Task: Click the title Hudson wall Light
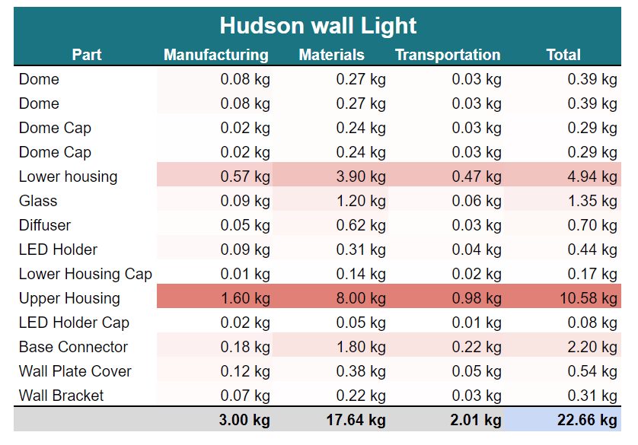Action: point(318,26)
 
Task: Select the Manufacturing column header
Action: point(216,55)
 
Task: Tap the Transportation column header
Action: point(448,55)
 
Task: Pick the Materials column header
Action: point(331,55)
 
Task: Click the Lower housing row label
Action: point(69,176)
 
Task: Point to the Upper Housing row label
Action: point(69,298)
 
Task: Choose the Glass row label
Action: point(38,201)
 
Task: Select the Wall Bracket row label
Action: point(62,396)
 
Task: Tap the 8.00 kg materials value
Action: point(361,298)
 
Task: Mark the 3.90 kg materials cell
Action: point(361,176)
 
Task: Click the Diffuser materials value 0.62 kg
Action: point(361,225)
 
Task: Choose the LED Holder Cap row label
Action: point(74,323)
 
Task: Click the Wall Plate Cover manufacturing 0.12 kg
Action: point(245,371)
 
